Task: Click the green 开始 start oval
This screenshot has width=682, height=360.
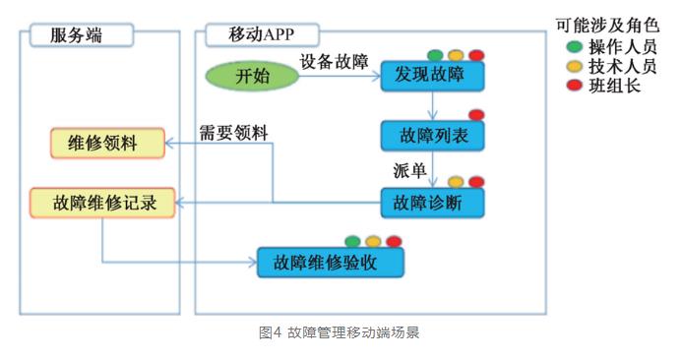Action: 253,76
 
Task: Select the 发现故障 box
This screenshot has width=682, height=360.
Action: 432,76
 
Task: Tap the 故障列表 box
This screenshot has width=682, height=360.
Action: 432,137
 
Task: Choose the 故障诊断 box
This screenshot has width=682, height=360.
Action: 432,202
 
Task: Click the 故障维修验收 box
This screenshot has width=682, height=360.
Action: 330,262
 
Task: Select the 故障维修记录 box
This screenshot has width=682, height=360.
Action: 102,203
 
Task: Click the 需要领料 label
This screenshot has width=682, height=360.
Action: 235,133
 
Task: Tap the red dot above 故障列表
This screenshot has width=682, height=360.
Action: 476,115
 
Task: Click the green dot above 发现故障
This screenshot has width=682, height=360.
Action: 434,55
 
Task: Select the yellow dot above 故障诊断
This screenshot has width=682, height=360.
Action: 456,182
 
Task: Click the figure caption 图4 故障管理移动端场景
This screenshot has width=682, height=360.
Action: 340,333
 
